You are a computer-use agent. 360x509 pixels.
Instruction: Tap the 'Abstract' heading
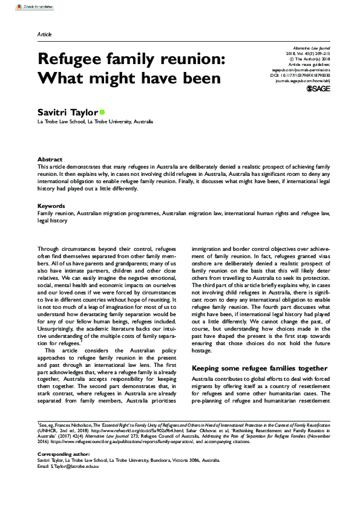click(50, 159)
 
